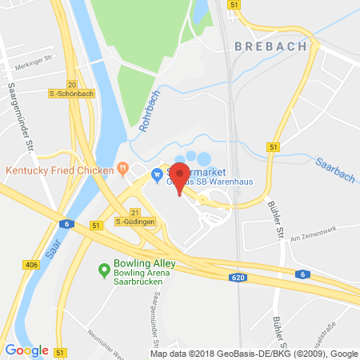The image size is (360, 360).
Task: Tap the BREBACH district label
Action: click(x=270, y=46)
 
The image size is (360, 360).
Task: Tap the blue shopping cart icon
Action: click(x=158, y=173)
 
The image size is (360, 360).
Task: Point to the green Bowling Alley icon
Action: click(x=103, y=270)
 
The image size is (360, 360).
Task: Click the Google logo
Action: click(x=26, y=350)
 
